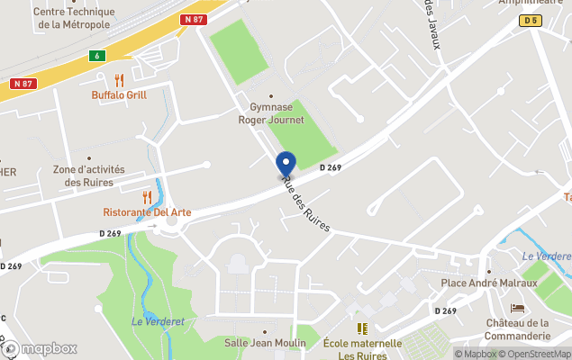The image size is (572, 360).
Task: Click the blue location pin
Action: [x=285, y=164]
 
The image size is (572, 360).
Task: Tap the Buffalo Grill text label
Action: [x=119, y=94]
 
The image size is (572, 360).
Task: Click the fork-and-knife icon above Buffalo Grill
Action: [x=119, y=80]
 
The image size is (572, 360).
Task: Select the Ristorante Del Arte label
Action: [x=147, y=212]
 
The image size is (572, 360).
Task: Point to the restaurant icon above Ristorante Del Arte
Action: [x=147, y=197]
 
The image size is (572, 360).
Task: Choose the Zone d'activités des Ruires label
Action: [x=89, y=175]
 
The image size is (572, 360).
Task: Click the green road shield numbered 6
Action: [x=95, y=55]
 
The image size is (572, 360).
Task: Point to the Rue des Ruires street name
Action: [x=305, y=203]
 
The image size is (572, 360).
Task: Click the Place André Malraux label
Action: [x=488, y=283]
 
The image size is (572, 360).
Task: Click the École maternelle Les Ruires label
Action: [x=362, y=349]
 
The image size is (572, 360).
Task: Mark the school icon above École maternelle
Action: [x=362, y=328]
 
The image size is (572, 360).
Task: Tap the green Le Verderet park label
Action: [x=150, y=321]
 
